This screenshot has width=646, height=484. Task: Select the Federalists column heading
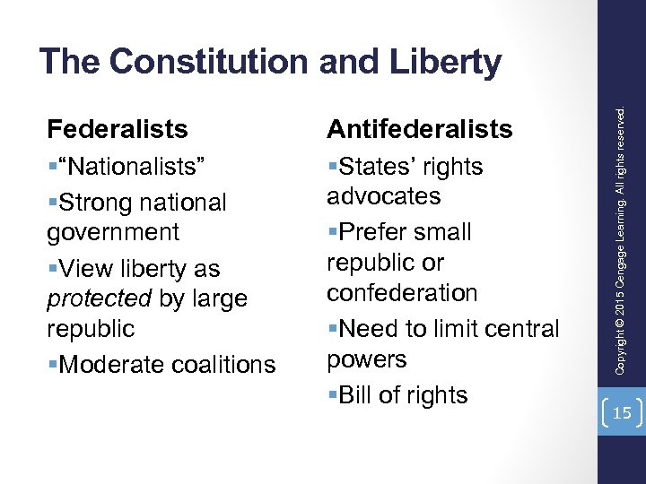point(118,129)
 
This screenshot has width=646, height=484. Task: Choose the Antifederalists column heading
point(420,129)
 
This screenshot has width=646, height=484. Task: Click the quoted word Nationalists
point(132,167)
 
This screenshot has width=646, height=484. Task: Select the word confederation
point(402,293)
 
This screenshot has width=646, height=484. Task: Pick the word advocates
point(384,196)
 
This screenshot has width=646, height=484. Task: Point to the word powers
point(367,359)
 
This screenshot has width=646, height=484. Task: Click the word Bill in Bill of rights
point(359,395)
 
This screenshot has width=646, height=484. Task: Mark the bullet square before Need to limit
point(332,330)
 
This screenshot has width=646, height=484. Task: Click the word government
point(113,232)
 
